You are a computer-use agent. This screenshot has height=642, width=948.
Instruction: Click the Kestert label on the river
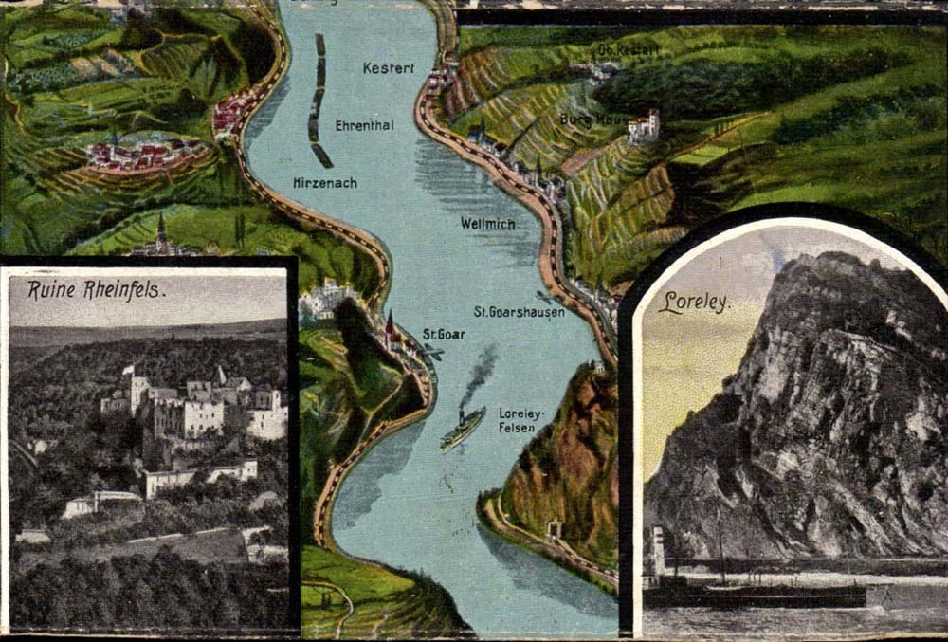(x=389, y=68)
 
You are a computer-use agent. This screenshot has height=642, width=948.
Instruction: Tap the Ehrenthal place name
(x=364, y=125)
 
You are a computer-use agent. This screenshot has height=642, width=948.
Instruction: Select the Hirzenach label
(x=325, y=183)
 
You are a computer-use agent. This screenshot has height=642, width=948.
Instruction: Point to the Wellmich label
(x=487, y=224)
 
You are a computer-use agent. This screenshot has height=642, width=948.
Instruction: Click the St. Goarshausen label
(x=519, y=311)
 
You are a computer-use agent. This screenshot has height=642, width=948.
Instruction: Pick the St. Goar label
(x=444, y=334)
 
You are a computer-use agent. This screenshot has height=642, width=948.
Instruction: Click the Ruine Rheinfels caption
(x=96, y=289)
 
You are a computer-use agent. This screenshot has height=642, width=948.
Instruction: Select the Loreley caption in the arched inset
(x=695, y=303)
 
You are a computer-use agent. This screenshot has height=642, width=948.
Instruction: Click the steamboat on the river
(x=463, y=428)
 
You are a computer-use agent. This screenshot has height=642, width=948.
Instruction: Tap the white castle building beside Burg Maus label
(x=644, y=127)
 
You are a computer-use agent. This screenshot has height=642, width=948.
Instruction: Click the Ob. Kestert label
(x=629, y=49)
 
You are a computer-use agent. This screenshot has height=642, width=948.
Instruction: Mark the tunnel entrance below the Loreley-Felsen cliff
(x=554, y=529)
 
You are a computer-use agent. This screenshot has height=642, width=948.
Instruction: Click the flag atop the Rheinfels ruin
(x=126, y=369)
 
